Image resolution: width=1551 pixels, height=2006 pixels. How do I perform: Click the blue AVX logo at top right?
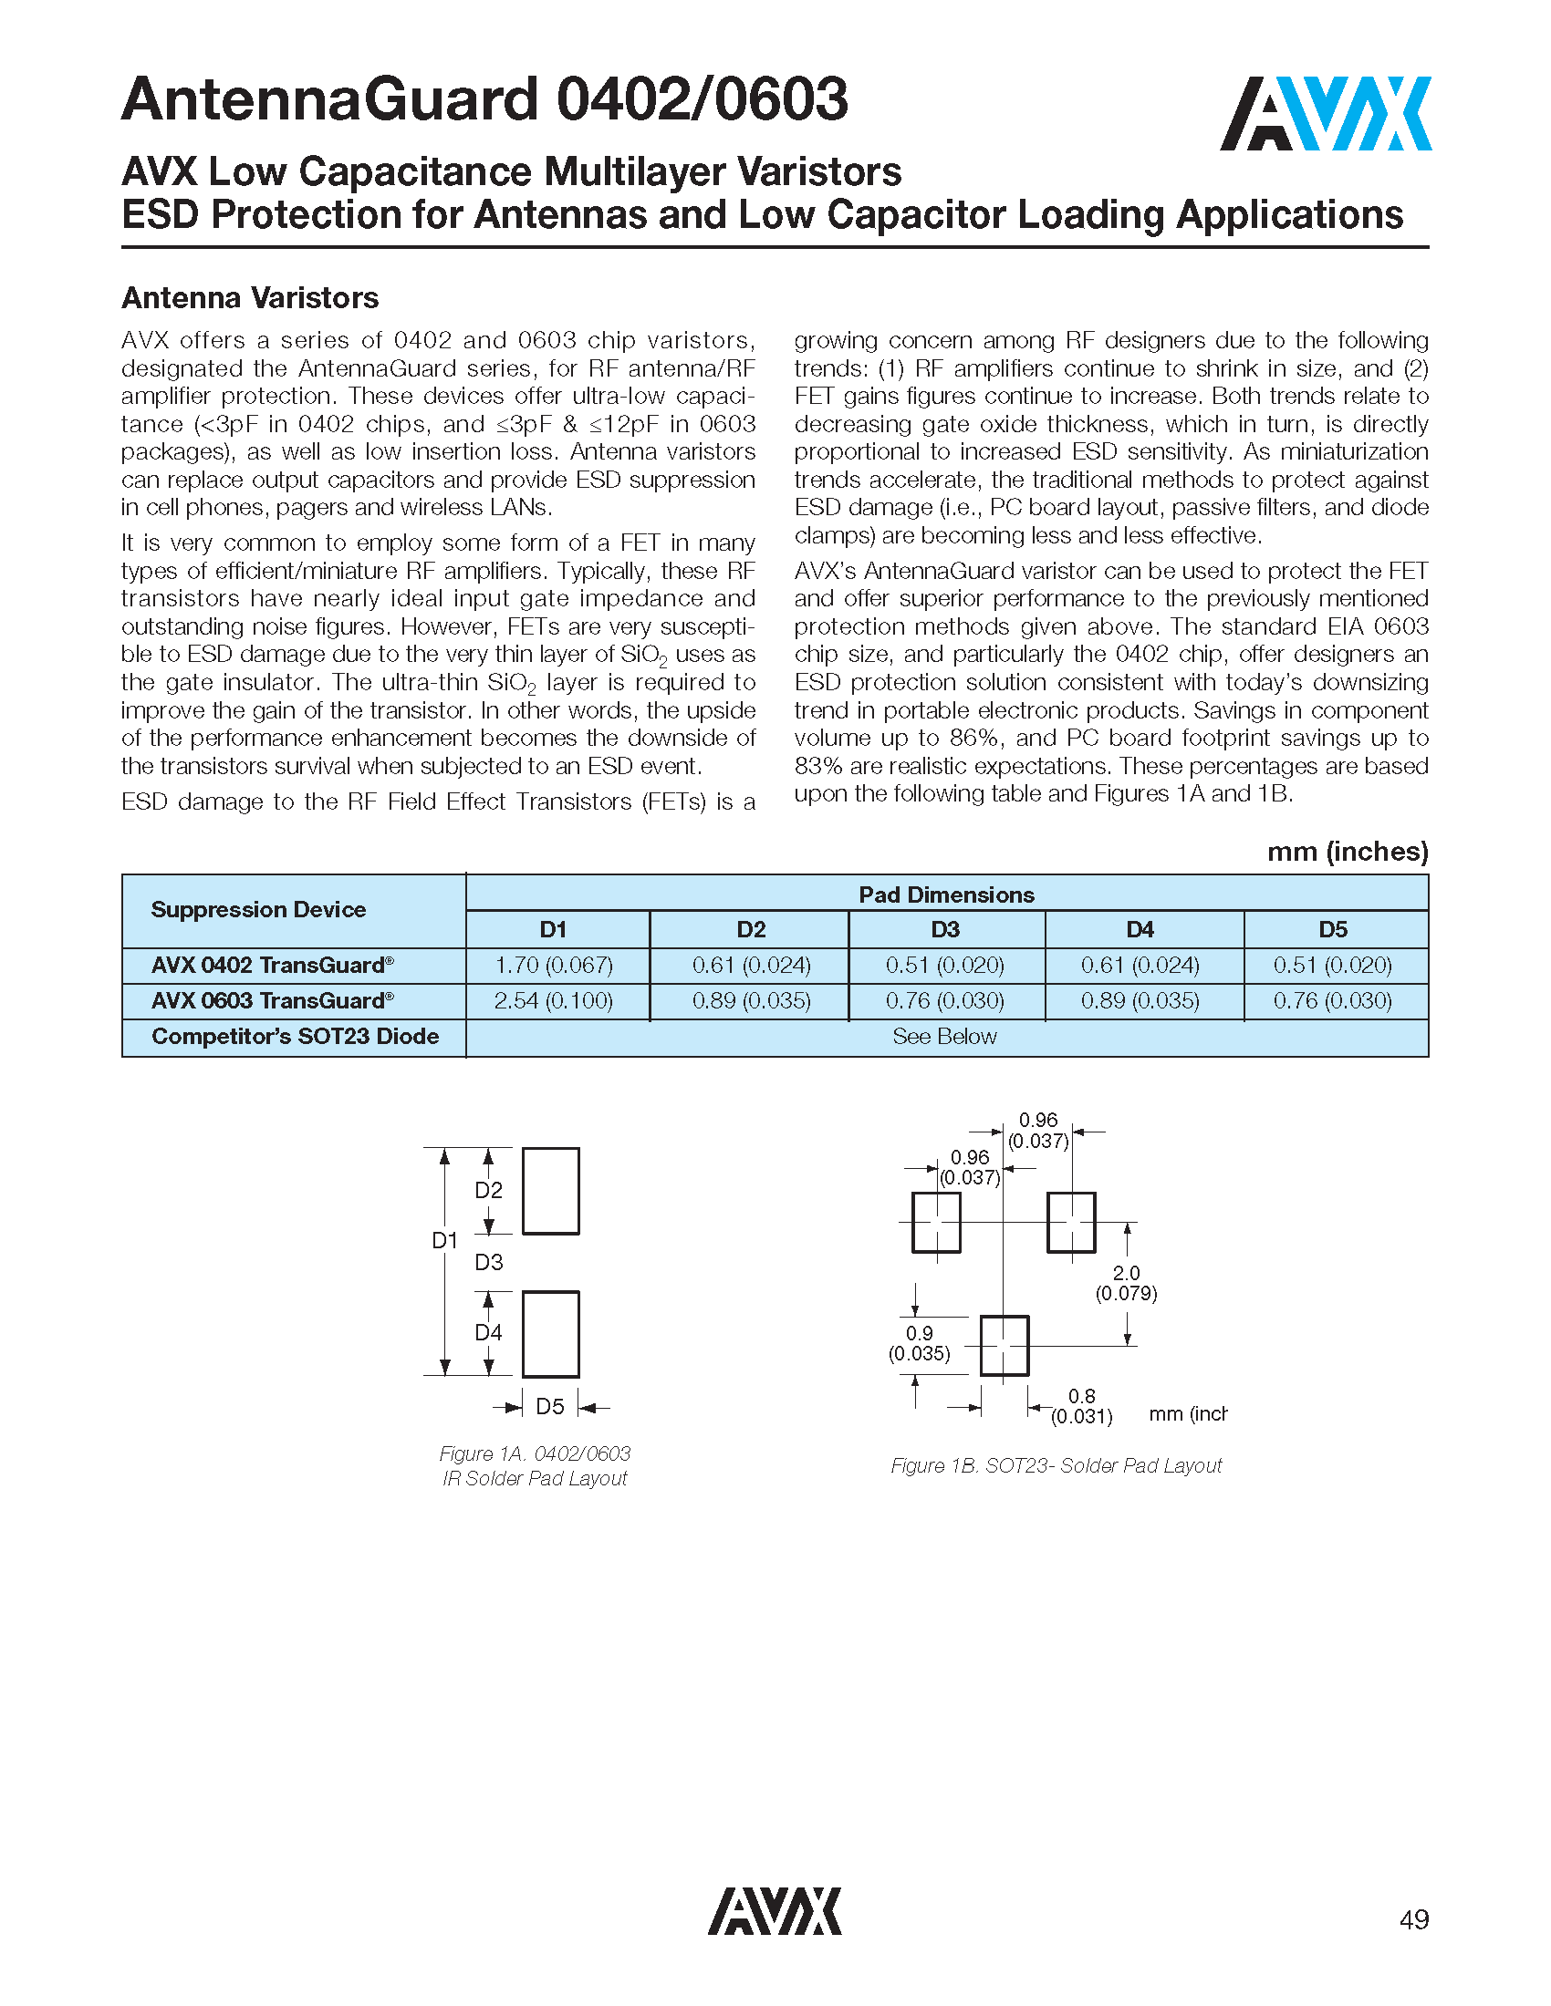tap(1324, 114)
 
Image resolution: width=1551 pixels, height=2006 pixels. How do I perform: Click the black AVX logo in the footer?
tap(774, 1911)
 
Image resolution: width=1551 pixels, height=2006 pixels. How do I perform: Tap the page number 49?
tap(1413, 1919)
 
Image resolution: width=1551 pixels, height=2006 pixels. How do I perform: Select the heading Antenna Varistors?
tap(250, 297)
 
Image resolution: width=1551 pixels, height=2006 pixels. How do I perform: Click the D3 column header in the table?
tap(945, 929)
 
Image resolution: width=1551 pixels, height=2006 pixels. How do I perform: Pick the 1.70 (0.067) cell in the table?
tap(553, 966)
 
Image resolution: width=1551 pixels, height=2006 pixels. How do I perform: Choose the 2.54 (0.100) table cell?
tap(553, 1001)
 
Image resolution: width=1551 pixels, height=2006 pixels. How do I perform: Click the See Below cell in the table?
tap(944, 1036)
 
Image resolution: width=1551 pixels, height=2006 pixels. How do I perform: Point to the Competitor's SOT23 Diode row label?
tap(295, 1036)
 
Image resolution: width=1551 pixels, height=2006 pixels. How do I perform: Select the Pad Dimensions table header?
tap(945, 894)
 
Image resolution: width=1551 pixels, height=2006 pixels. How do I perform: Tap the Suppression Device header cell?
tap(258, 909)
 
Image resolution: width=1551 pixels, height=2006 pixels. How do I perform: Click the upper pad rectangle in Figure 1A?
tap(550, 1190)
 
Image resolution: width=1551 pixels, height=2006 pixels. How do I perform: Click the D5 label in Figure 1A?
tap(549, 1406)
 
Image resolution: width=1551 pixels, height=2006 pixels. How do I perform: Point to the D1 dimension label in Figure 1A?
tap(444, 1240)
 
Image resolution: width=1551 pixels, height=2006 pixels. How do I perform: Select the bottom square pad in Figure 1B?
tap(1005, 1346)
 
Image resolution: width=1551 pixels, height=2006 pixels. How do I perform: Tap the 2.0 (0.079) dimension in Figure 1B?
tap(1126, 1283)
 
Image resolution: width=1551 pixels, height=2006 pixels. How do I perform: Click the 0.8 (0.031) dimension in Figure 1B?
tap(1081, 1406)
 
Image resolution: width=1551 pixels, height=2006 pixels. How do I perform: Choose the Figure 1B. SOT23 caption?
tap(1056, 1465)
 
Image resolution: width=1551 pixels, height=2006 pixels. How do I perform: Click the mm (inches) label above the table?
tap(1347, 852)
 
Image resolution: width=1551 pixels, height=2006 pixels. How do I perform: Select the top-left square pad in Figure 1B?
tap(936, 1223)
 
